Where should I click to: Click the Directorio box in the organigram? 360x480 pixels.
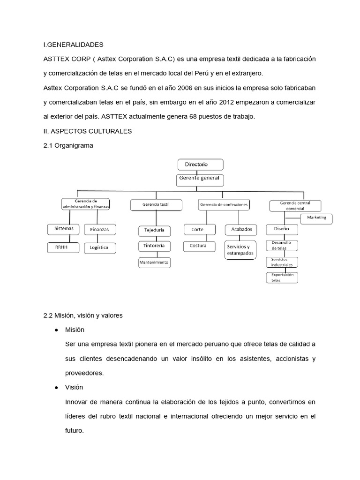pos(200,165)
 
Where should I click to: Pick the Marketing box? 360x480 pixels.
pos(316,218)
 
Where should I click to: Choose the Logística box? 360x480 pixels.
pos(99,247)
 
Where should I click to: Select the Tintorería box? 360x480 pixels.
pos(154,246)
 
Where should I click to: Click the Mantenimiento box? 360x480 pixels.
pos(154,263)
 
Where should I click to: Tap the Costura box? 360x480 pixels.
pos(199,246)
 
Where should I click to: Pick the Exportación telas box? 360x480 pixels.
pos(282,277)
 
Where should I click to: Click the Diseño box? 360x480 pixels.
pos(282,229)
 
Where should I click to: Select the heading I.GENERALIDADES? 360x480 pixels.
pos(73,45)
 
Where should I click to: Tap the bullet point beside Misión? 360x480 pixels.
pos(56,330)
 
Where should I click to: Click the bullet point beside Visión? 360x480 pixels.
pos(56,388)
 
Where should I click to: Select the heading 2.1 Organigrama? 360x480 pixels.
pos(68,146)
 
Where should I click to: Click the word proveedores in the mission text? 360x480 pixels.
pos(84,373)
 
